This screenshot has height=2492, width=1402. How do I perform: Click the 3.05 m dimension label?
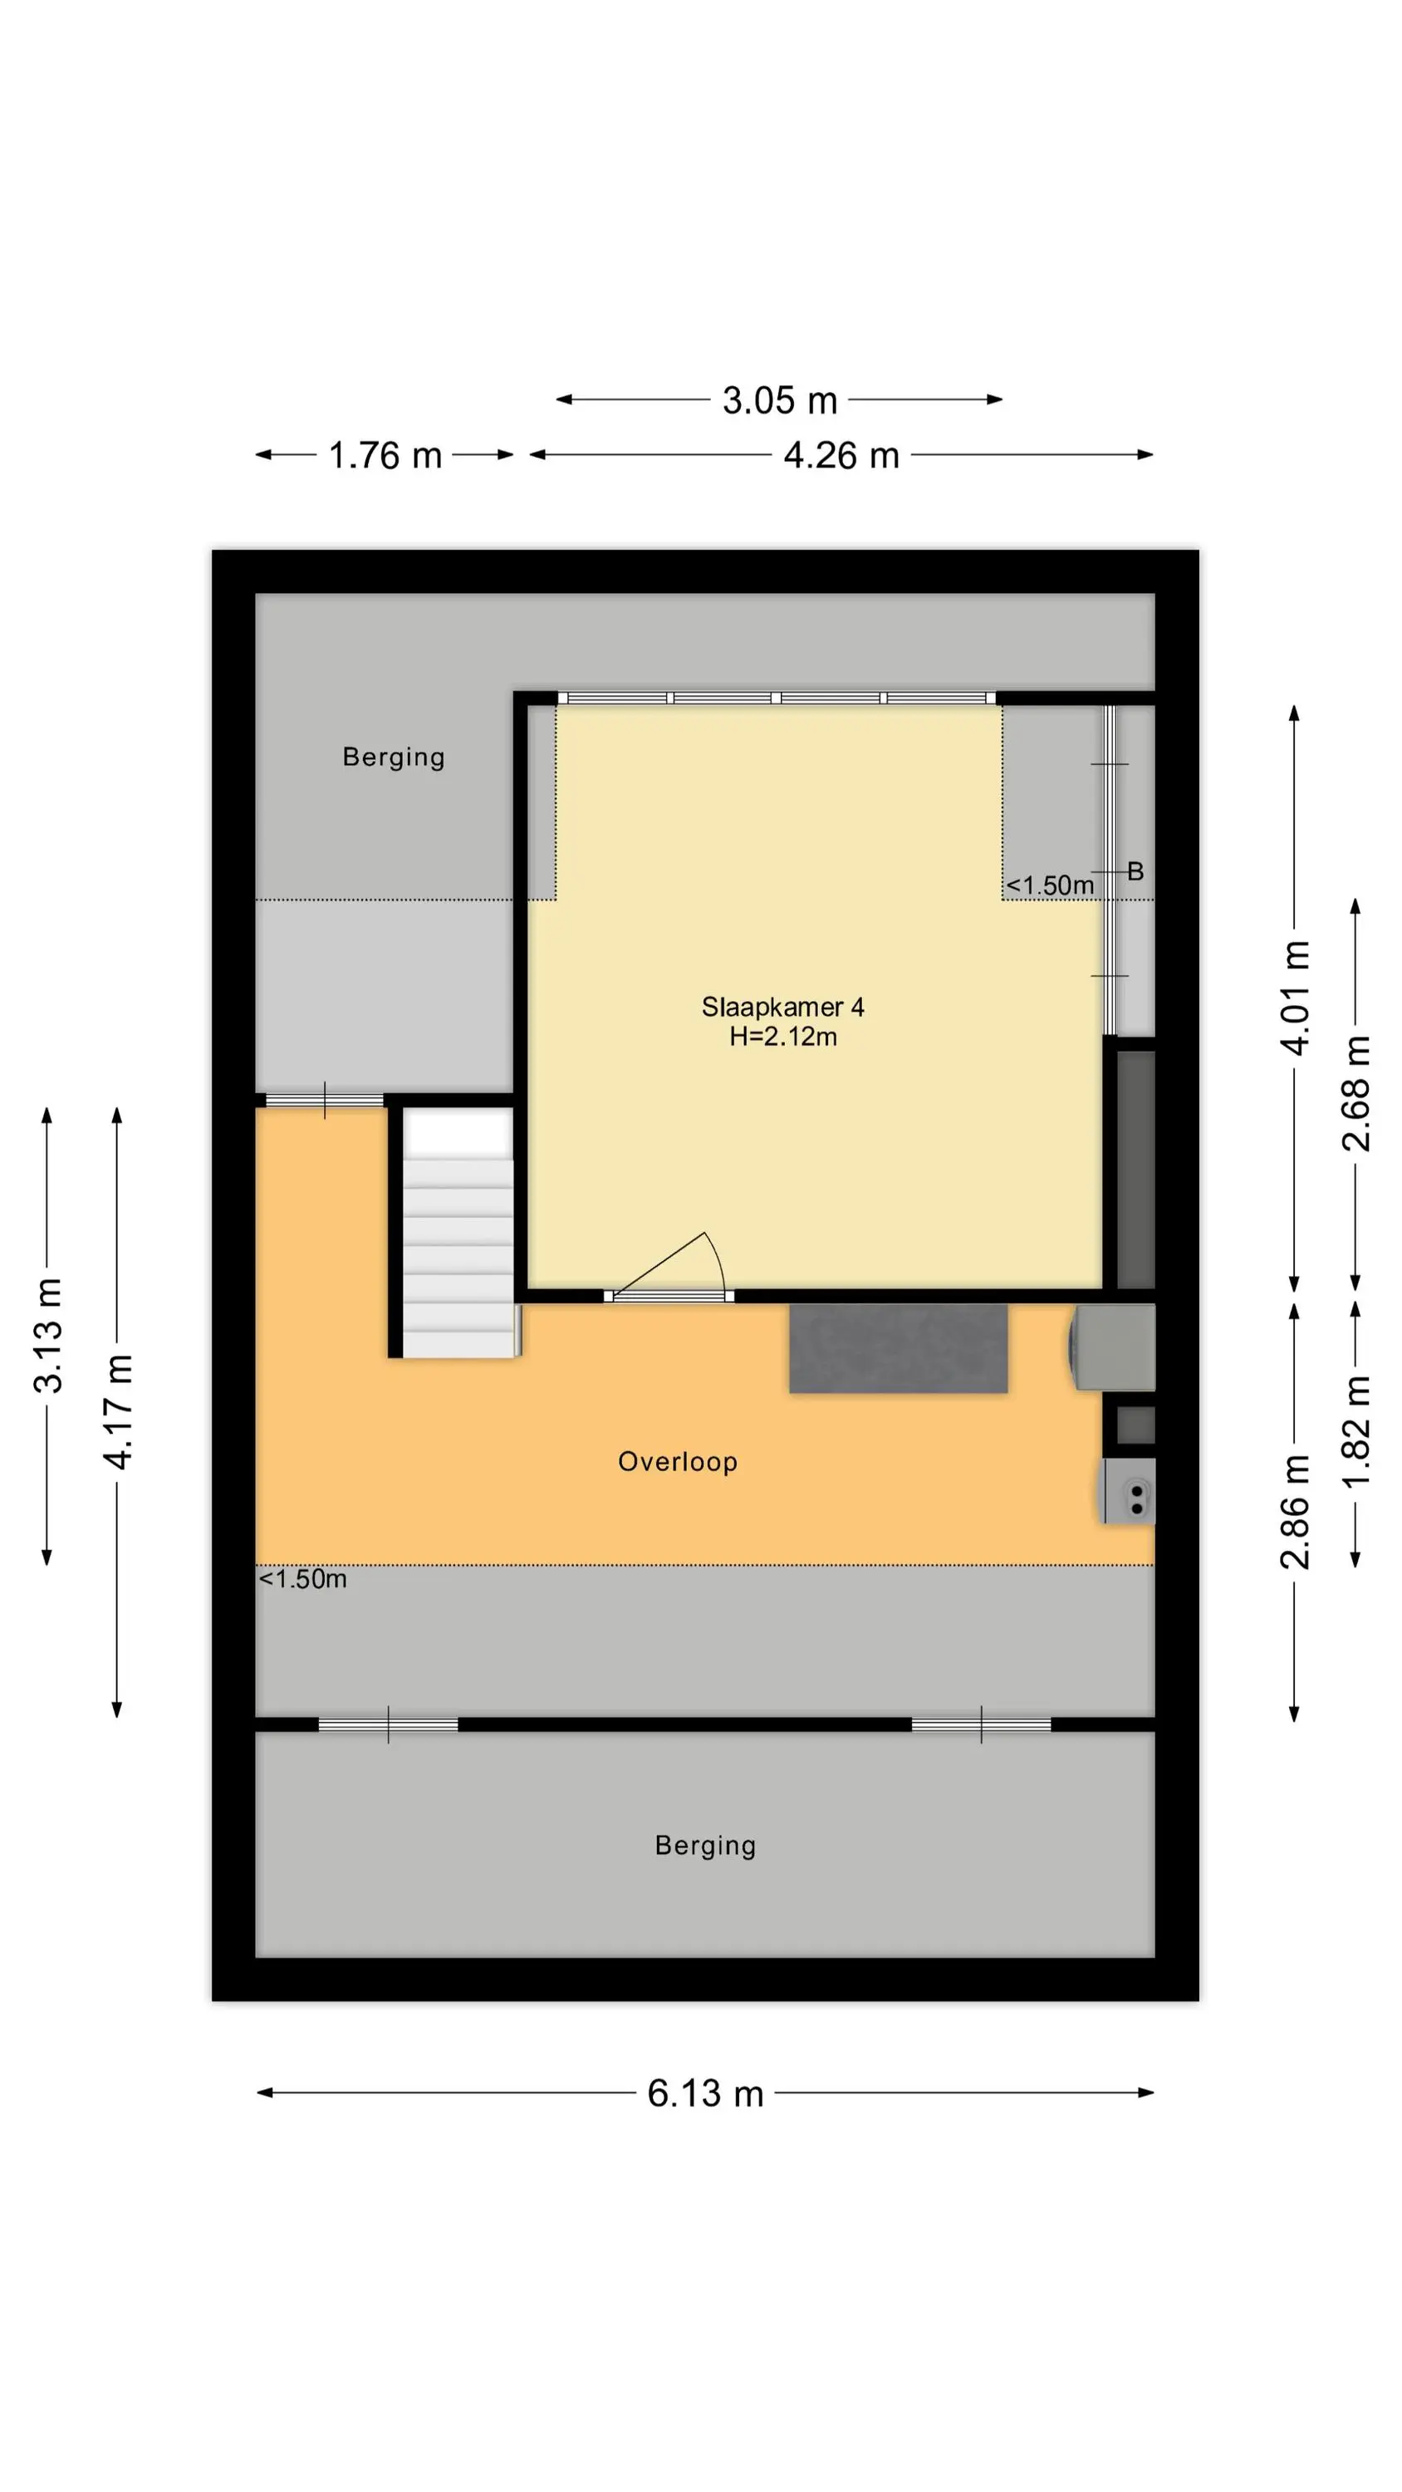pos(779,400)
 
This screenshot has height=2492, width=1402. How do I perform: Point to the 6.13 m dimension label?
pos(705,2092)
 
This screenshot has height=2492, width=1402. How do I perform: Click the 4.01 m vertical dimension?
pos(1295,998)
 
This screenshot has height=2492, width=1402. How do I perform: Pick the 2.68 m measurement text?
pos(1355,1092)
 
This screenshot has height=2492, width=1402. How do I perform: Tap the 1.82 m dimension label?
pos(1355,1430)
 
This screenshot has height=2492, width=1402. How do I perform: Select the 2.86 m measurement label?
pos(1295,1511)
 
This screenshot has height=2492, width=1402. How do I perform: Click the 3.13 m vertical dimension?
pos(47,1335)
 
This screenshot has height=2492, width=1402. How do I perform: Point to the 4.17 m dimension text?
pos(118,1411)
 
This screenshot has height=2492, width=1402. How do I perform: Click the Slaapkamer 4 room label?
pos(782,1007)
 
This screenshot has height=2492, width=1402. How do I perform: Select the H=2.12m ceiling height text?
pos(782,1037)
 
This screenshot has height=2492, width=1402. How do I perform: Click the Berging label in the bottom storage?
pos(705,1846)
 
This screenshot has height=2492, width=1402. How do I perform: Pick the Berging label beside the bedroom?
pos(394,758)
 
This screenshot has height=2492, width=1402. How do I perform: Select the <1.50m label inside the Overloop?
pos(303,1579)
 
